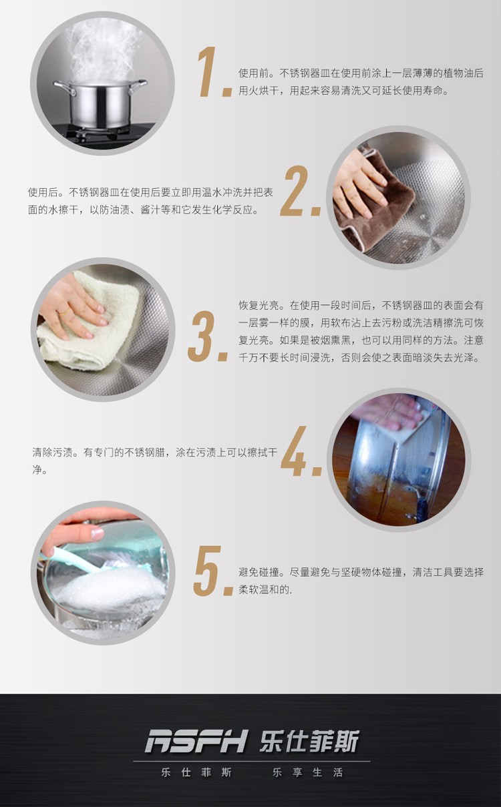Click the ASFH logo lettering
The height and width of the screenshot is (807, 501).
[197, 742]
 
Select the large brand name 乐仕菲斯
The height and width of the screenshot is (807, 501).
[309, 742]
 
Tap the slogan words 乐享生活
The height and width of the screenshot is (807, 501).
[307, 772]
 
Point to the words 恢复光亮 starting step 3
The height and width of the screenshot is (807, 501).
[259, 306]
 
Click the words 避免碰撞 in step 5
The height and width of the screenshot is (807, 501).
[259, 572]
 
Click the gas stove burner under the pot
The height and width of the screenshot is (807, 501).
[104, 134]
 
